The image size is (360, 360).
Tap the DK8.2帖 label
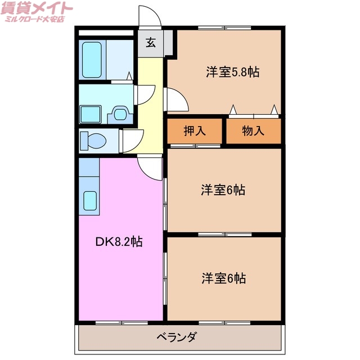point(118,242)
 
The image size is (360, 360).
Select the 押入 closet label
point(195,131)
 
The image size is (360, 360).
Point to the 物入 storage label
point(253,131)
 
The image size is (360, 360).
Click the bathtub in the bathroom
point(92,59)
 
